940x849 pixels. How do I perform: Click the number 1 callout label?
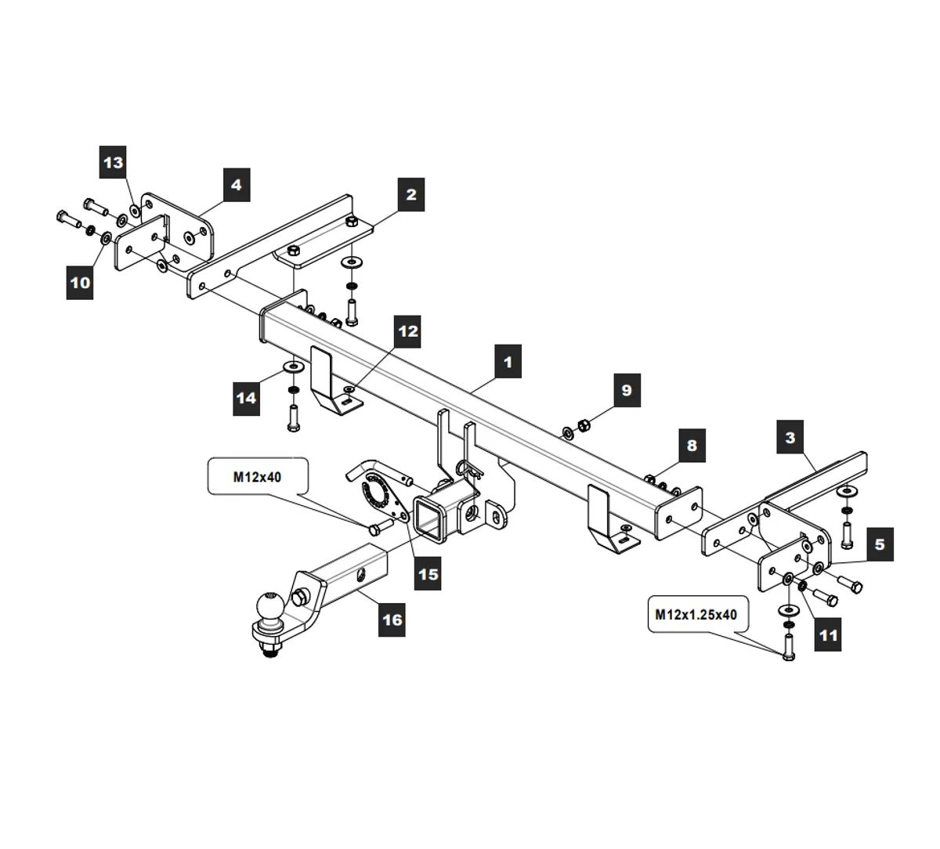pos(508,362)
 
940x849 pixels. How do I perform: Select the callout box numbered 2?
pos(410,193)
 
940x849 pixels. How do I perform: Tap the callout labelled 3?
pos(790,438)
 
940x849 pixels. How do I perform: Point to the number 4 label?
pos(236,186)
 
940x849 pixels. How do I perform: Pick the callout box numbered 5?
pos(880,544)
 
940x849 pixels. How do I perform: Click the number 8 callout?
pos(691,446)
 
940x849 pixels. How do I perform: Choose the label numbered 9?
pos(626,389)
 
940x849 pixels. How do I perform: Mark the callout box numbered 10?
pos(81,282)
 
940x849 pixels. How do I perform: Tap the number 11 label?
pos(828,634)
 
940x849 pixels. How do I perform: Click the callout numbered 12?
pos(408,331)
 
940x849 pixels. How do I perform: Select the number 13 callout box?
pos(114,163)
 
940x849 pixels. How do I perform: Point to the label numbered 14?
pos(246,398)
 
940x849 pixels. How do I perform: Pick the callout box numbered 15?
pos(428,573)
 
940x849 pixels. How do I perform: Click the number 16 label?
pos(392,620)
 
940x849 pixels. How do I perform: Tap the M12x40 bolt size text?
pos(256,477)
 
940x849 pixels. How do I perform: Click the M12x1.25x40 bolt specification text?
pos(696,615)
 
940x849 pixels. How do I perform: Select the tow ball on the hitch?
pos(269,607)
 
